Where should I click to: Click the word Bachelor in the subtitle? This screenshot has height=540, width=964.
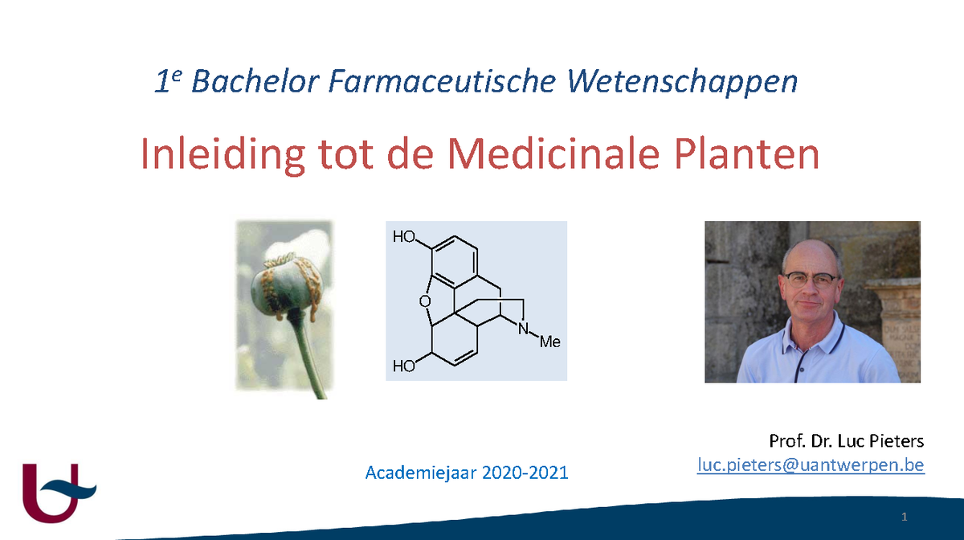[251, 82]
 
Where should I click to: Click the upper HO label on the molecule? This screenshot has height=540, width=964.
[404, 238]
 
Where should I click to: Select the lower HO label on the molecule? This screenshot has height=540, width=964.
[404, 367]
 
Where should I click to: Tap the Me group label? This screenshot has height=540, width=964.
[549, 342]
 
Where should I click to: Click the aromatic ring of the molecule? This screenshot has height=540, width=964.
[454, 260]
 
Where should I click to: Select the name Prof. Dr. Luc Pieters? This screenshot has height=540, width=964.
[846, 441]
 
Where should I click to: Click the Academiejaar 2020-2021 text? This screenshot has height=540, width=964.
[467, 472]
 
